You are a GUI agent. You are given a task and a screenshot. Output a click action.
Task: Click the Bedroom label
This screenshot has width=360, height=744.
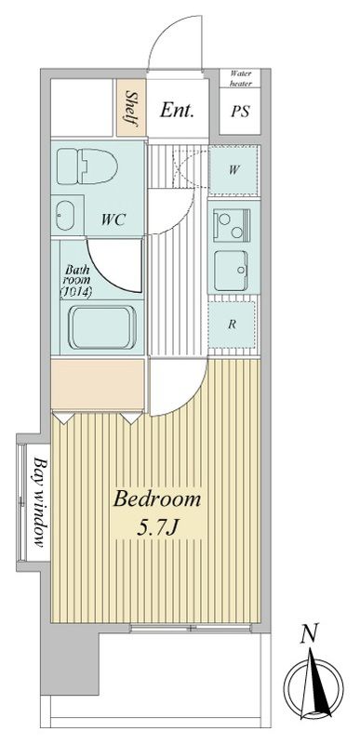(157, 500)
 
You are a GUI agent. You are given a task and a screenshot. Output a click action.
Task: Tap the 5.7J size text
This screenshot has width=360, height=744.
(157, 528)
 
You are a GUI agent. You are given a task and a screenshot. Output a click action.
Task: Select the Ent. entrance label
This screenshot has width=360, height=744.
(177, 110)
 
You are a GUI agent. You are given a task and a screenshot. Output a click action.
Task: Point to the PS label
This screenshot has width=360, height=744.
(240, 112)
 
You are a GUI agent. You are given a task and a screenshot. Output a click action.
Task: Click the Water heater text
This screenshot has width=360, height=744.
(241, 78)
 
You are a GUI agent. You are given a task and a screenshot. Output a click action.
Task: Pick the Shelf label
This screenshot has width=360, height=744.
(130, 109)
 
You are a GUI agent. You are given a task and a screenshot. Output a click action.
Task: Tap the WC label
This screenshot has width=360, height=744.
(113, 219)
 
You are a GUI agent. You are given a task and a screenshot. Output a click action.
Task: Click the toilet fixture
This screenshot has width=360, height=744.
(87, 166)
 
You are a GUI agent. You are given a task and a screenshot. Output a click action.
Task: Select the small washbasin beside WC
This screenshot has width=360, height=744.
(65, 216)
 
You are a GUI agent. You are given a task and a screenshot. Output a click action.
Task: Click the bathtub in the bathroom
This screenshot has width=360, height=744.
(102, 327)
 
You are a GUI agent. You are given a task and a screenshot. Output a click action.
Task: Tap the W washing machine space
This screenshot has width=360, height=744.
(233, 170)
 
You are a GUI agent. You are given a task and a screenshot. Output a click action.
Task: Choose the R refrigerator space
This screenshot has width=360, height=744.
(233, 325)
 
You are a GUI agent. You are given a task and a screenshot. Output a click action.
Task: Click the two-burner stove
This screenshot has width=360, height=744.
(232, 225)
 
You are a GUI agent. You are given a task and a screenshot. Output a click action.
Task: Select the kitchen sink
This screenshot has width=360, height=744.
(231, 270)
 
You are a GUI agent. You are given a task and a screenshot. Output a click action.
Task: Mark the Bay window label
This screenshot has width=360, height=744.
(40, 502)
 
